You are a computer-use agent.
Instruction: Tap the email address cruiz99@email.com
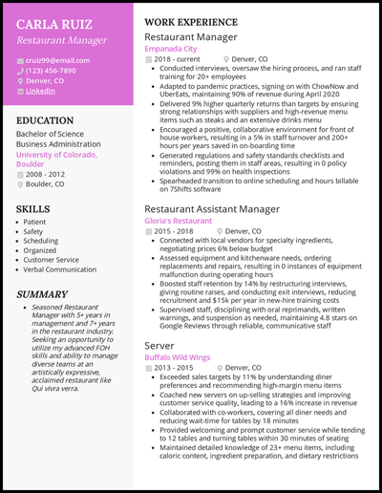(57, 60)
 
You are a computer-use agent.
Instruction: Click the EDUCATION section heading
(48, 121)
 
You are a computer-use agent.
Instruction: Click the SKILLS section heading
(34, 206)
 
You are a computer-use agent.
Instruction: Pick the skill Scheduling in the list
(41, 242)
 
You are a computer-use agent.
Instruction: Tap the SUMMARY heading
(43, 293)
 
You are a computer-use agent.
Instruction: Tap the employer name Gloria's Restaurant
(178, 220)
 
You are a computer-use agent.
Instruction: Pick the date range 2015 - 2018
(175, 231)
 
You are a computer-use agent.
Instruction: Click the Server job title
(159, 345)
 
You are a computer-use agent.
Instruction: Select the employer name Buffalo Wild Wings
(177, 357)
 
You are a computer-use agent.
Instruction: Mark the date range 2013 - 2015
(175, 369)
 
